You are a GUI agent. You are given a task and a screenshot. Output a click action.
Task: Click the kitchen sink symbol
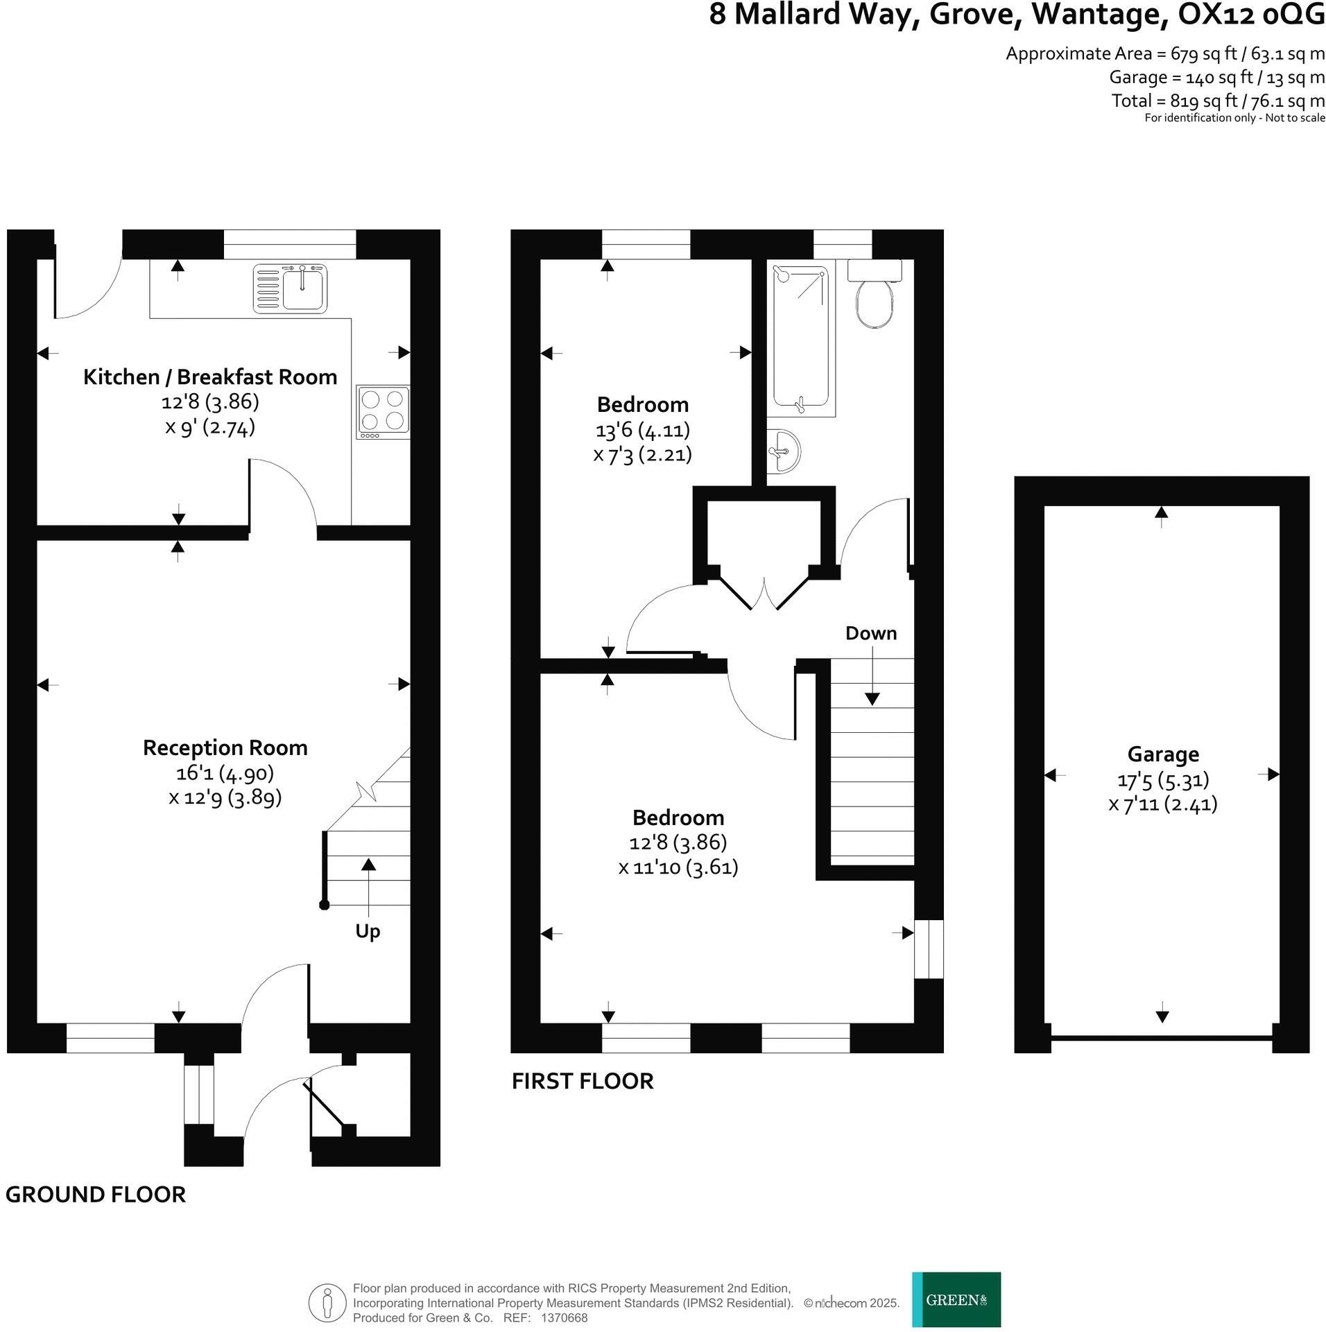coord(291,288)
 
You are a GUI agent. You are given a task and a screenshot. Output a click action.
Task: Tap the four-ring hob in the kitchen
coord(383,412)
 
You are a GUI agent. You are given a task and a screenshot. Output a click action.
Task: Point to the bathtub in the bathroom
coord(801,340)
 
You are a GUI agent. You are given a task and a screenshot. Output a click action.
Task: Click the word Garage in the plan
coord(1162,754)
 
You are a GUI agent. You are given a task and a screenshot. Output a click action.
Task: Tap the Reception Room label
coord(225,747)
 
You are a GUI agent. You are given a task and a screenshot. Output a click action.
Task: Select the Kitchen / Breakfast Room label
coord(210,377)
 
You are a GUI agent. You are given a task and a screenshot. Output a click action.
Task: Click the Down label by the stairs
coord(871,633)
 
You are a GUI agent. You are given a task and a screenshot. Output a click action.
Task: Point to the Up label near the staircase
coord(368,931)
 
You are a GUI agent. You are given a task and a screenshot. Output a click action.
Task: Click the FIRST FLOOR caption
coord(583,1081)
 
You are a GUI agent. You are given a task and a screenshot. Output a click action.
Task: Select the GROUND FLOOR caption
coord(96,1195)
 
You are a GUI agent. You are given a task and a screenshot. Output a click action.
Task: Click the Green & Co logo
coord(956,1299)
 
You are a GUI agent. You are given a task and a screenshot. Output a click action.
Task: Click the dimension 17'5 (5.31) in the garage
coord(1163,780)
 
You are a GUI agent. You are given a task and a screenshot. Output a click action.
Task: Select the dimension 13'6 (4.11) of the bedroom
coord(642,430)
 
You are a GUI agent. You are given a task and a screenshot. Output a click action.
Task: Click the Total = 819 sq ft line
coord(1218,101)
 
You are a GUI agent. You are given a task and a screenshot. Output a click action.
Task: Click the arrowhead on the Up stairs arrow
coord(368,864)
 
